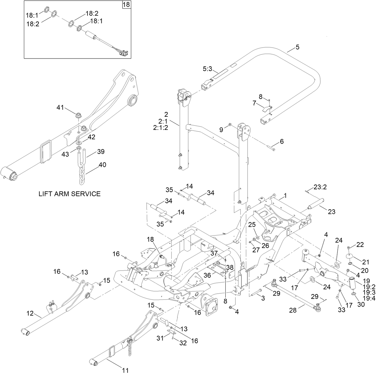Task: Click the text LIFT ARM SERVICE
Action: [x=69, y=194]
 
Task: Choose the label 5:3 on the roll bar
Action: [x=207, y=69]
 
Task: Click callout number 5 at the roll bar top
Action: [x=297, y=47]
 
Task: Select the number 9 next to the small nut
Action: [x=221, y=130]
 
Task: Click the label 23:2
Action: [x=320, y=187]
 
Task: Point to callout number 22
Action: [x=360, y=245]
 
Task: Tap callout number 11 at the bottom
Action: [x=125, y=370]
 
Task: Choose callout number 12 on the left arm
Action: [x=30, y=313]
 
